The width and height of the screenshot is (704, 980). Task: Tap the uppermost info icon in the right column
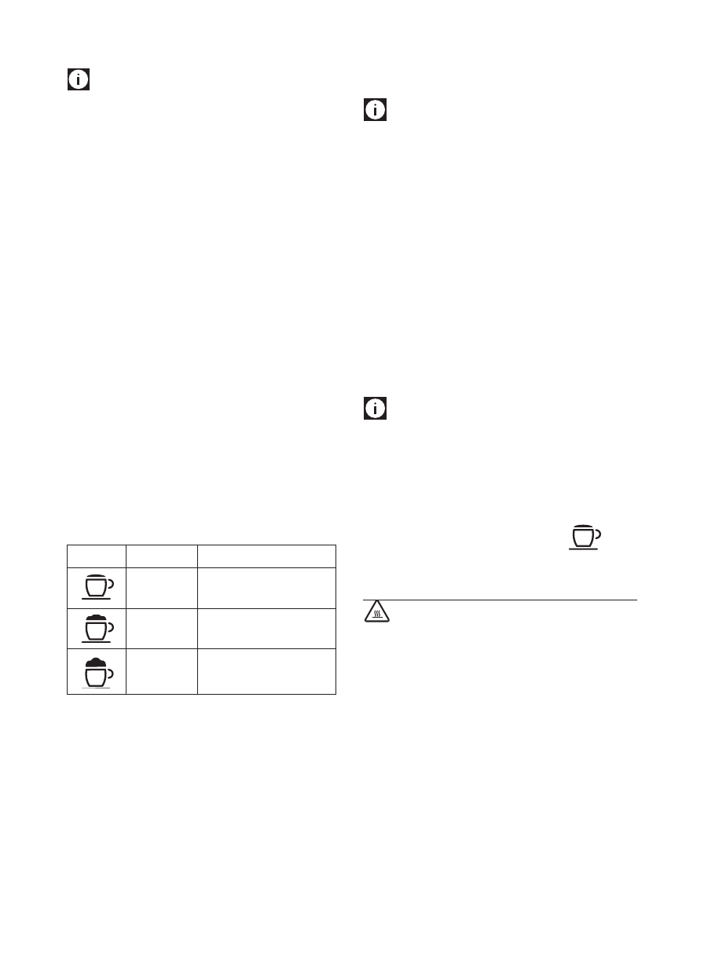click(375, 110)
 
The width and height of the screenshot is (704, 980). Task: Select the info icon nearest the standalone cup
click(375, 409)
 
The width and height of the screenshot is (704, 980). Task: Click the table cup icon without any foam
click(97, 587)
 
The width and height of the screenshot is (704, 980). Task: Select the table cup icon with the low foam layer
click(97, 628)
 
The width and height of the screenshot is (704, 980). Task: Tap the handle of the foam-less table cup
click(111, 584)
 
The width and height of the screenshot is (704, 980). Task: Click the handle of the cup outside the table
click(598, 534)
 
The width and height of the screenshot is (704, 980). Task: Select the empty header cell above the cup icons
click(97, 556)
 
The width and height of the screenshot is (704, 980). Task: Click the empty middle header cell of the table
click(161, 556)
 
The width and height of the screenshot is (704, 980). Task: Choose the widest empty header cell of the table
click(266, 556)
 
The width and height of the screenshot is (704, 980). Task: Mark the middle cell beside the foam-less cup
click(161, 588)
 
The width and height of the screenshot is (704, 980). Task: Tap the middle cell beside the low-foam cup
click(161, 629)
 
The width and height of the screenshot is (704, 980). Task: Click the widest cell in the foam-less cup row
click(266, 588)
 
